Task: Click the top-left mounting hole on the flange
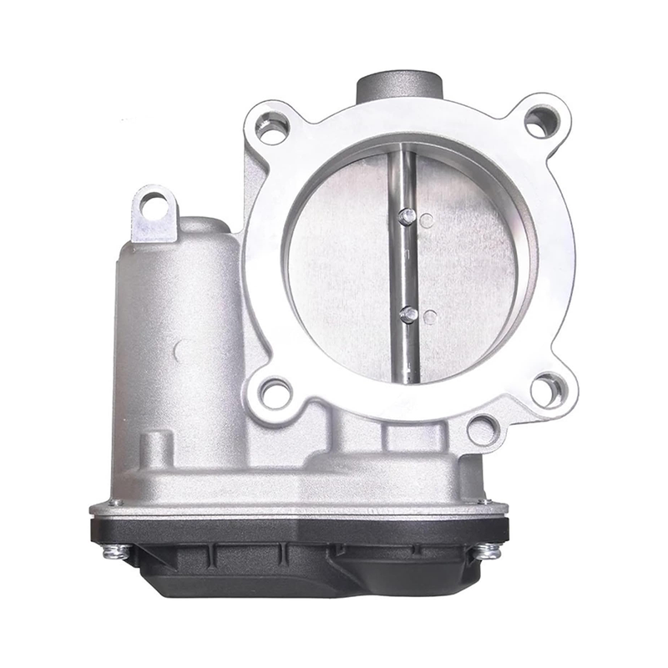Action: click(x=273, y=128)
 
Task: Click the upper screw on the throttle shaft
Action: click(x=407, y=215)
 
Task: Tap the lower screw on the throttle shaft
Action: click(x=408, y=314)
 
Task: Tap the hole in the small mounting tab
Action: click(x=154, y=204)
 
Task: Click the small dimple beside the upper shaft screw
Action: click(x=428, y=220)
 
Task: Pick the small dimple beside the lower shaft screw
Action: click(x=428, y=317)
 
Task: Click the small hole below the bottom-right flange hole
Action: click(x=483, y=429)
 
